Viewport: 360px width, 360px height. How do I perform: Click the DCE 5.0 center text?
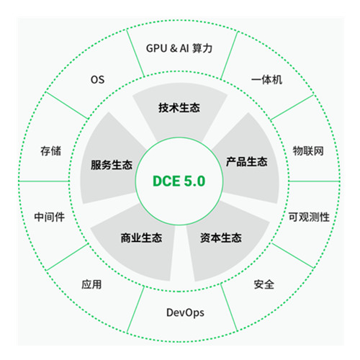pyautogui.click(x=179, y=181)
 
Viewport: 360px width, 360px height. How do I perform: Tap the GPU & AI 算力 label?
pyautogui.click(x=179, y=48)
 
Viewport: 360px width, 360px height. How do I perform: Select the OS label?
pyautogui.click(x=97, y=80)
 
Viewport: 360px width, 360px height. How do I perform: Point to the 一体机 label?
pyautogui.click(x=266, y=80)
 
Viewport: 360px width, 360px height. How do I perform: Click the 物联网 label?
pyautogui.click(x=308, y=150)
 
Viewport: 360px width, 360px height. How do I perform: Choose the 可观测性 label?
pyautogui.click(x=309, y=217)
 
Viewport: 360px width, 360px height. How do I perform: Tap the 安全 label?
pyautogui.click(x=264, y=284)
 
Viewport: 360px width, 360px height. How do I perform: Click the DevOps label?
pyautogui.click(x=185, y=312)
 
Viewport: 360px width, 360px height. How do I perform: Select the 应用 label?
pyautogui.click(x=91, y=284)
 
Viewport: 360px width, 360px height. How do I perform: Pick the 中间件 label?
pyautogui.click(x=50, y=217)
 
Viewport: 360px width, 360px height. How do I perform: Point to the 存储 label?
pyautogui.click(x=50, y=150)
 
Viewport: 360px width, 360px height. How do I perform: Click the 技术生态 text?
pyautogui.click(x=179, y=107)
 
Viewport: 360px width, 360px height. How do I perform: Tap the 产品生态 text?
pyautogui.click(x=247, y=161)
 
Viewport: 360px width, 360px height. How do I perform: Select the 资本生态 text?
pyautogui.click(x=221, y=238)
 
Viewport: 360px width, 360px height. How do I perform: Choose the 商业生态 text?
pyautogui.click(x=141, y=238)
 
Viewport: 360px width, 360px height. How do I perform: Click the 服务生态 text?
pyautogui.click(x=112, y=165)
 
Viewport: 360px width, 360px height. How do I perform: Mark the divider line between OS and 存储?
pyautogui.click(x=67, y=105)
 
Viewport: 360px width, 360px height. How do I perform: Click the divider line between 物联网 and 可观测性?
pyautogui.click(x=315, y=181)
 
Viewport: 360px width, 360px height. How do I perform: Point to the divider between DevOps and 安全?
pyautogui.click(x=229, y=307)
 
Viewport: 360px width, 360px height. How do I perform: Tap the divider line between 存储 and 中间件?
pyautogui.click(x=44, y=181)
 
